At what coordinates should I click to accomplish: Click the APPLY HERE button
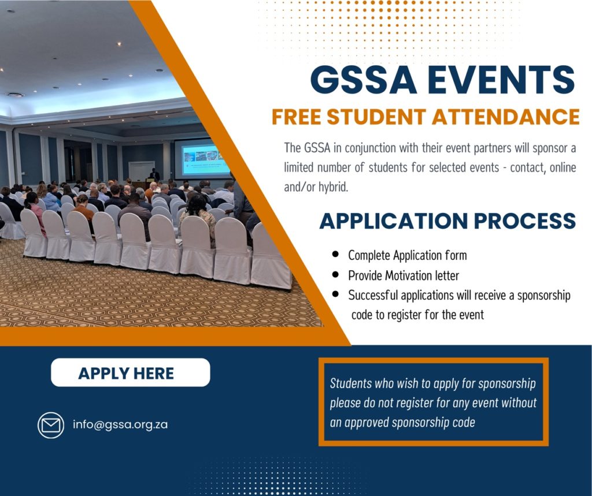130,372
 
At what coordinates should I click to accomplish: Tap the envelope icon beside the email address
51,425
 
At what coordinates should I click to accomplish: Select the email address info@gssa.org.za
120,425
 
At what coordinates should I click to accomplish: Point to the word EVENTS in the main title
501,80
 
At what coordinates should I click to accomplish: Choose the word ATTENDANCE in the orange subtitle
505,117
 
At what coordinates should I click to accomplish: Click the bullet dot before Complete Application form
335,254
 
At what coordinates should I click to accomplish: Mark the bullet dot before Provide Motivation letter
335,274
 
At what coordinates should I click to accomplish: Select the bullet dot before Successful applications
335,294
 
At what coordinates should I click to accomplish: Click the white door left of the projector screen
142,171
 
